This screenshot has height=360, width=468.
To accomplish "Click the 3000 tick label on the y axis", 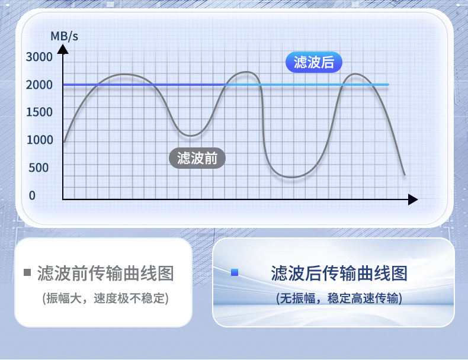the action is click(39, 57).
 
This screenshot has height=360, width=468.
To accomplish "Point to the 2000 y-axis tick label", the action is click(39, 85).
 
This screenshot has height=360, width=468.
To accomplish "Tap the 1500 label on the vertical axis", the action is click(40, 112).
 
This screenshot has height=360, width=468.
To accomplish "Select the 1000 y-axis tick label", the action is click(40, 140).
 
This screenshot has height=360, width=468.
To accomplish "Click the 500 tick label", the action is click(39, 168).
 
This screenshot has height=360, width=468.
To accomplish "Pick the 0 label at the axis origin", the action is click(32, 195).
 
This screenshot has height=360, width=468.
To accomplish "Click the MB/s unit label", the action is click(64, 36).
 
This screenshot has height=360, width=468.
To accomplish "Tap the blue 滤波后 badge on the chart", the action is click(314, 62).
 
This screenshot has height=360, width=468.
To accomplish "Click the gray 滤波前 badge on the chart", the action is click(197, 158).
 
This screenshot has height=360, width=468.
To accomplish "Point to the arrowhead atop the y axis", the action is click(63, 50).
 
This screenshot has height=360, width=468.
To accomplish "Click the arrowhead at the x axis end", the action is click(413, 199).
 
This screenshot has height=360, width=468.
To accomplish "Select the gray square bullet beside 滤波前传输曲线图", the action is click(27, 272).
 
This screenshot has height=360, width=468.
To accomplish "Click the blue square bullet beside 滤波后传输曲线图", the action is click(235, 272).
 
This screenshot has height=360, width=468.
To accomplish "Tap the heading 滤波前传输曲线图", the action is click(105, 273).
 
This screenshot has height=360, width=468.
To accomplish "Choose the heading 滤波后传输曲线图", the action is click(339, 273).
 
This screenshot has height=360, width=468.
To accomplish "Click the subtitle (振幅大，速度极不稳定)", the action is click(105, 298).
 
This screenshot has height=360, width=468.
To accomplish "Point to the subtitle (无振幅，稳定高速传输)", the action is click(339, 298).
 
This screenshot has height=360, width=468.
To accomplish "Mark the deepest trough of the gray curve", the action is click(292, 178).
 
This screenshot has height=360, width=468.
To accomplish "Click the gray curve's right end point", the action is click(405, 175).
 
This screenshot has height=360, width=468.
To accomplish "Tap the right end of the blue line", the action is click(388, 85).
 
